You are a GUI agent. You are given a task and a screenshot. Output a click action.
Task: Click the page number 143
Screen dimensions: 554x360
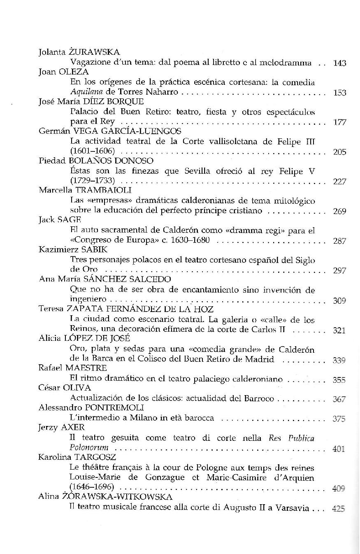click(339, 63)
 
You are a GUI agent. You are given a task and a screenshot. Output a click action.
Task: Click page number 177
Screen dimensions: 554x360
click(339, 122)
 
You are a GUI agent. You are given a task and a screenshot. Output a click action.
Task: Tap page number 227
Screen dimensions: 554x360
click(339, 182)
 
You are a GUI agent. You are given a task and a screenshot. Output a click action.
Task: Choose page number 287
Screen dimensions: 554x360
click(339, 241)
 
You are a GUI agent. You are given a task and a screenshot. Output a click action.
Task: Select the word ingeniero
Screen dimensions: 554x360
click(88, 300)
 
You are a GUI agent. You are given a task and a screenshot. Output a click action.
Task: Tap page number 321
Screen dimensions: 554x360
click(339, 330)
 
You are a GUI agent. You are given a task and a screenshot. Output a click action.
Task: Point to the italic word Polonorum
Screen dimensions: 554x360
click(89, 447)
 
